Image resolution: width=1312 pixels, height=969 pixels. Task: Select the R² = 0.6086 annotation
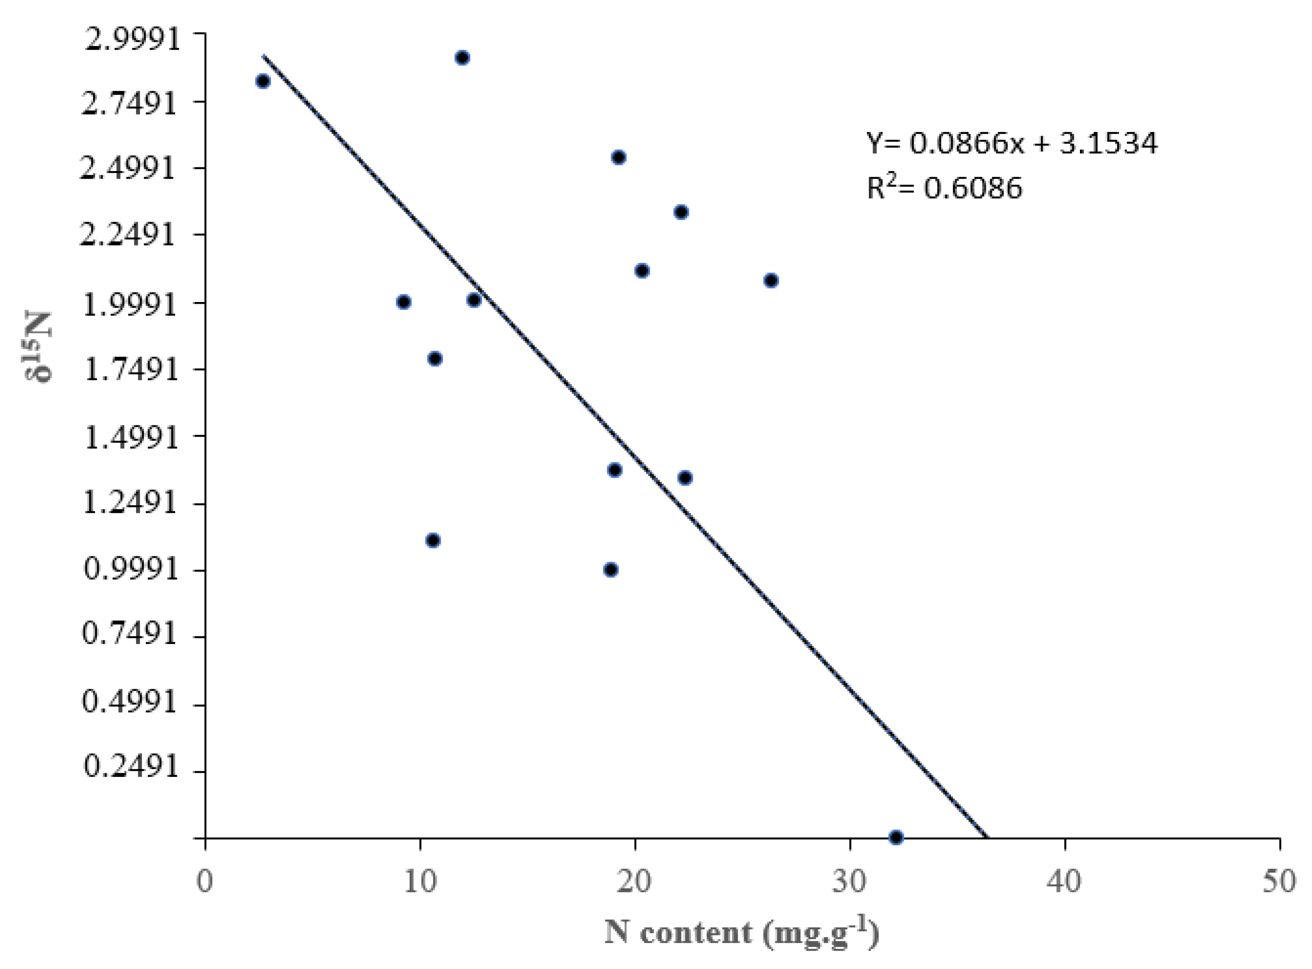click(x=944, y=188)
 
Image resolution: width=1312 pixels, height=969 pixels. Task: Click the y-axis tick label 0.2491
click(x=130, y=766)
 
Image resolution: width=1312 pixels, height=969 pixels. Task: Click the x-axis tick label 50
click(x=1279, y=881)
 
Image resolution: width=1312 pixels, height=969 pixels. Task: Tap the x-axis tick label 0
click(x=205, y=881)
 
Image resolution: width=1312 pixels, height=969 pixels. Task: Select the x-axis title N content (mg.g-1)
click(x=741, y=932)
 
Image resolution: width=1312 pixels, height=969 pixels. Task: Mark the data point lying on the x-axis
click(x=896, y=837)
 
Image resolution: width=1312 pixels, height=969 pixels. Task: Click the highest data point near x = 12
click(x=462, y=57)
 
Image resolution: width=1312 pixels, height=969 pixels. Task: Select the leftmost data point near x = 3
click(x=263, y=81)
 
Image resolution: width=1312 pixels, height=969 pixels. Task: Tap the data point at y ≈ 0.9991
click(x=611, y=570)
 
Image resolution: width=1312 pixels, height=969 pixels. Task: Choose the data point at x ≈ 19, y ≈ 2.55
click(x=618, y=157)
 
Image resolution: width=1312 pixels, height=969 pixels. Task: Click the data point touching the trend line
click(x=474, y=300)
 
